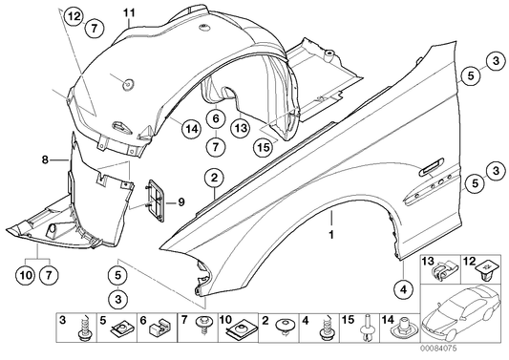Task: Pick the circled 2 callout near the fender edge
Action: tap(216, 177)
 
